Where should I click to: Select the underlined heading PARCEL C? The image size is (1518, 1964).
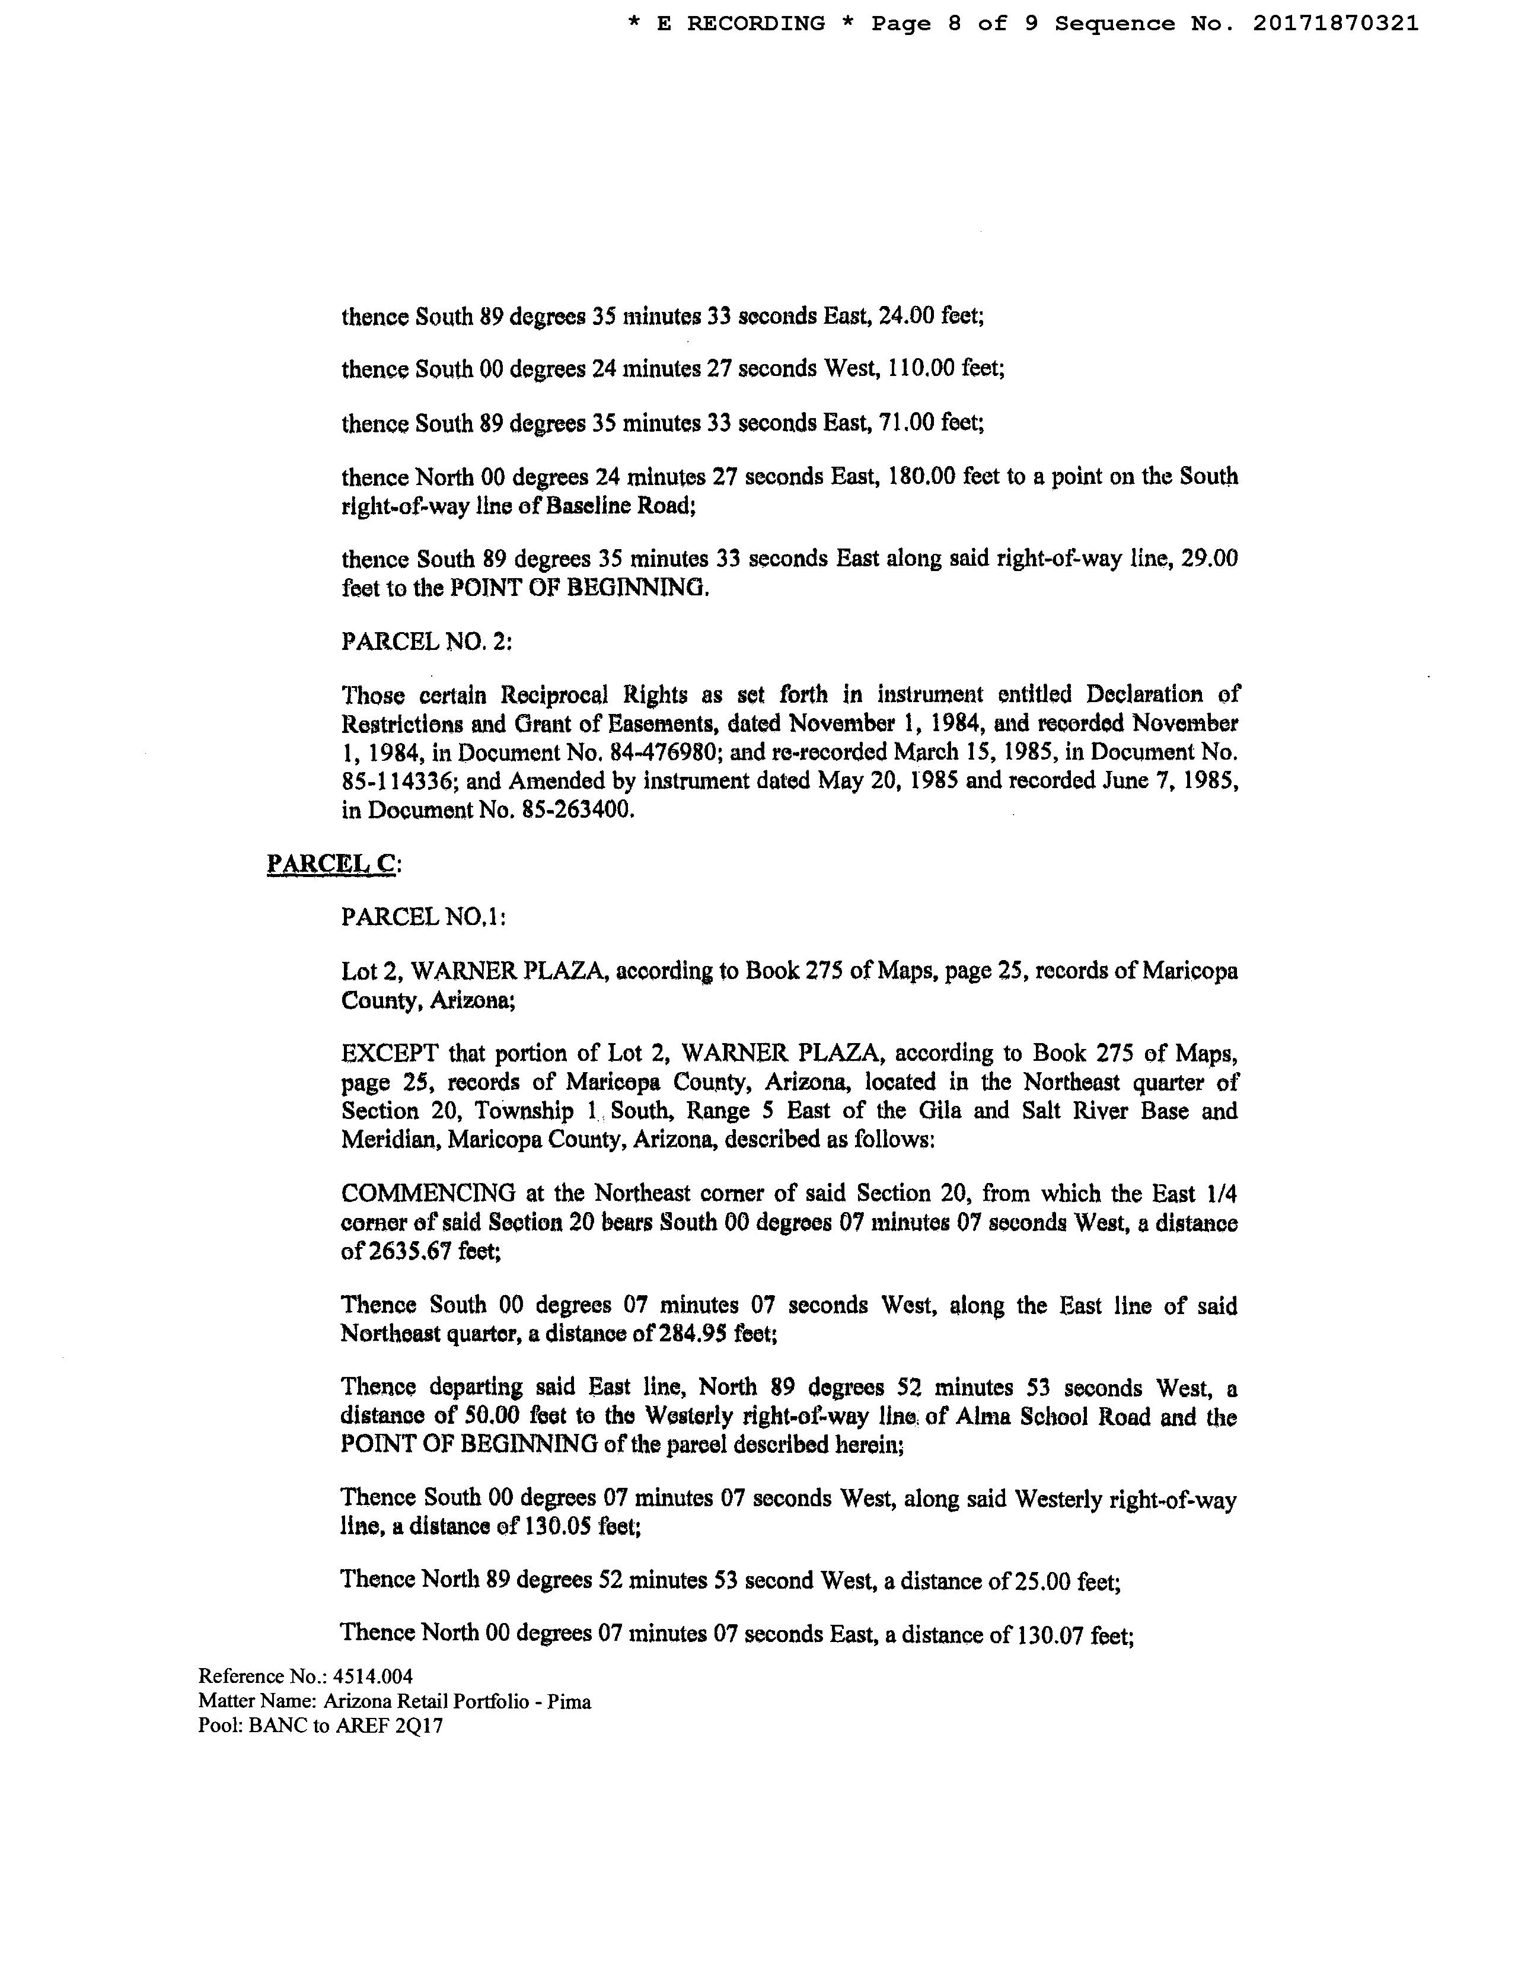[331, 863]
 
